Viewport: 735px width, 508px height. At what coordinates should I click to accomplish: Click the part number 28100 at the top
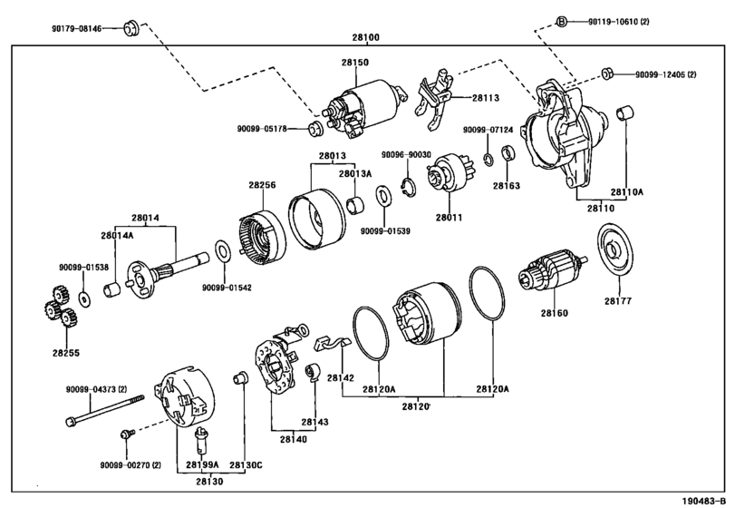point(365,37)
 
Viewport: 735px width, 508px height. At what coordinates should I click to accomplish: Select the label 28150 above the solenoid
point(355,62)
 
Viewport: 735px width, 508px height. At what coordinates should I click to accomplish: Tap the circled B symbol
point(562,21)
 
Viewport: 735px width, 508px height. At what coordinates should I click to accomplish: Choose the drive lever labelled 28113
point(435,100)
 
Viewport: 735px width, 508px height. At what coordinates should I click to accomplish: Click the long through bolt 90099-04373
point(105,410)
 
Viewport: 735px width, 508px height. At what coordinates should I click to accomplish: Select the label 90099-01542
point(227,288)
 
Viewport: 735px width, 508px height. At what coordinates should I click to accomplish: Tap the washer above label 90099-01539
point(384,196)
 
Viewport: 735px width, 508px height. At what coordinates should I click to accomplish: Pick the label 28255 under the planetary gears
point(66,353)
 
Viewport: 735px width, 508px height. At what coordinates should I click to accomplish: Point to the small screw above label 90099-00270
point(127,434)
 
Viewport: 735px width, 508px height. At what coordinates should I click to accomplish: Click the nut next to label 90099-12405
point(607,74)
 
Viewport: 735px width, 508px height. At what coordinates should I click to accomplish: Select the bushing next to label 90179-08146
point(131,28)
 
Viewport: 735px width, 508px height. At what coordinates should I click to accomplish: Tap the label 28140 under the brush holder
point(294,439)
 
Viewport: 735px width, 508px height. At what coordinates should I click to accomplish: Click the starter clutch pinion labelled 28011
point(449,174)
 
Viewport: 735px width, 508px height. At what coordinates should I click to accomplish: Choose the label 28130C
point(246,464)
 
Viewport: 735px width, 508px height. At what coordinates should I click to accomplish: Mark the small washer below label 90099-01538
point(85,298)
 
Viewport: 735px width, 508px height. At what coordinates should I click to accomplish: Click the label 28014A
point(117,235)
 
